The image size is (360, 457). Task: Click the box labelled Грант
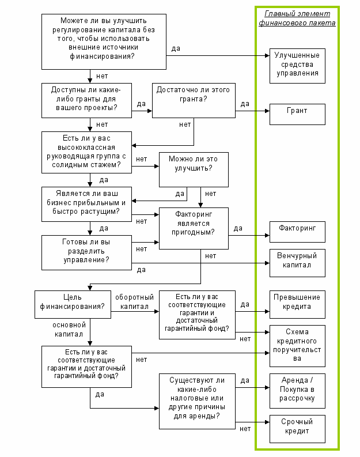pyautogui.click(x=297, y=114)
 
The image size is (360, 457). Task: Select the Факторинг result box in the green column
pyautogui.click(x=297, y=232)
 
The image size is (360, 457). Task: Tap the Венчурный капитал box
pyautogui.click(x=297, y=263)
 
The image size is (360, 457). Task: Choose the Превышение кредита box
pyautogui.click(x=297, y=304)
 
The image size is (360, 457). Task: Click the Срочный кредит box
pyautogui.click(x=297, y=429)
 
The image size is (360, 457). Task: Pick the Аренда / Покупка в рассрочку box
pyautogui.click(x=297, y=391)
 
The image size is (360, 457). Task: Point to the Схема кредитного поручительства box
pyautogui.click(x=297, y=346)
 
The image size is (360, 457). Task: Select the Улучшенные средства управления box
pyautogui.click(x=297, y=66)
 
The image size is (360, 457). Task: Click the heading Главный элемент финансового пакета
pyautogui.click(x=297, y=18)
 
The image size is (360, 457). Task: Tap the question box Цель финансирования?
pyautogui.click(x=73, y=304)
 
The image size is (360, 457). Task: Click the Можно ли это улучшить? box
pyautogui.click(x=194, y=169)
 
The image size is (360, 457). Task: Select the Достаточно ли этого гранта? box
pyautogui.click(x=194, y=100)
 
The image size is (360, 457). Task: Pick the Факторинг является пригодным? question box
pyautogui.click(x=194, y=228)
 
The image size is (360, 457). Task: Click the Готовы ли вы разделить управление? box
pyautogui.click(x=86, y=252)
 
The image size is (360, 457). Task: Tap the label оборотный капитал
pyautogui.click(x=134, y=301)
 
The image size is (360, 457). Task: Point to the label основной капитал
pyautogui.click(x=69, y=329)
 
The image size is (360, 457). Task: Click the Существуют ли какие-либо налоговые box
pyautogui.click(x=197, y=401)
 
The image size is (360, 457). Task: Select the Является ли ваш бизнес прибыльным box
pyautogui.click(x=86, y=205)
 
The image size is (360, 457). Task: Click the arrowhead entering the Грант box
pyautogui.click(x=267, y=111)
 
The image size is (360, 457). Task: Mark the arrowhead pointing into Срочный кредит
pyautogui.click(x=267, y=422)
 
